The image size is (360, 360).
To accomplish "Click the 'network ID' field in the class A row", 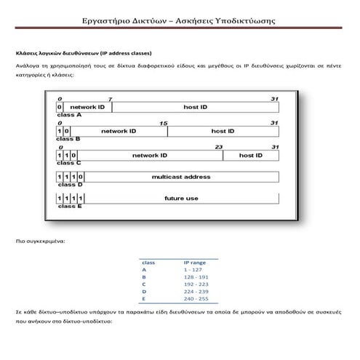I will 87,107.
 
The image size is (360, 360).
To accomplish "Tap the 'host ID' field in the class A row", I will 195,107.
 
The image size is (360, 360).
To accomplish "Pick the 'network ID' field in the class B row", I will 119,131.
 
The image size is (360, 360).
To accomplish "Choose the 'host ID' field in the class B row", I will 223,131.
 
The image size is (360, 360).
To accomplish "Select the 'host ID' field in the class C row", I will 250,156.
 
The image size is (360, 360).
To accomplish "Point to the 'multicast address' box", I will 181,177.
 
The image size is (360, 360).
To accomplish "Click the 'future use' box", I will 181,198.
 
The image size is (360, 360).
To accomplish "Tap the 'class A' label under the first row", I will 69,115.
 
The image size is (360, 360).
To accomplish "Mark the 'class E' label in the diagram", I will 69,206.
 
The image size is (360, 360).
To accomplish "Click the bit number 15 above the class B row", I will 163,123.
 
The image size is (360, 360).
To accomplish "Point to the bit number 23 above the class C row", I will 219,147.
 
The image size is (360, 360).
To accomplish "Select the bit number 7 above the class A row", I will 110,99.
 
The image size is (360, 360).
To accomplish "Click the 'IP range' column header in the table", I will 195,262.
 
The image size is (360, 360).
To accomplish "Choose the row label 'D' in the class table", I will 144,292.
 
